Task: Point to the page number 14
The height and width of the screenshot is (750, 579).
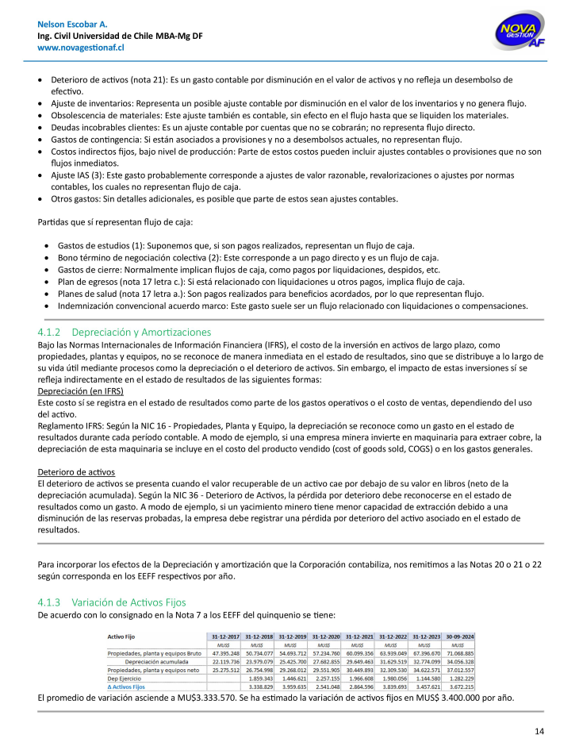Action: (539, 731)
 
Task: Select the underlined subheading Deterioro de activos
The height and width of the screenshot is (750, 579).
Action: (75, 471)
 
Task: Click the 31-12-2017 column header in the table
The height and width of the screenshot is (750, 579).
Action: (226, 636)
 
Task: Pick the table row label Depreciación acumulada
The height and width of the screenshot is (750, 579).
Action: (154, 660)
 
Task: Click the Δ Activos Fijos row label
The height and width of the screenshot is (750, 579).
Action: (126, 686)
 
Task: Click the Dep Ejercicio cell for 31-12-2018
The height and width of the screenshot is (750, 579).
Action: (259, 678)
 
